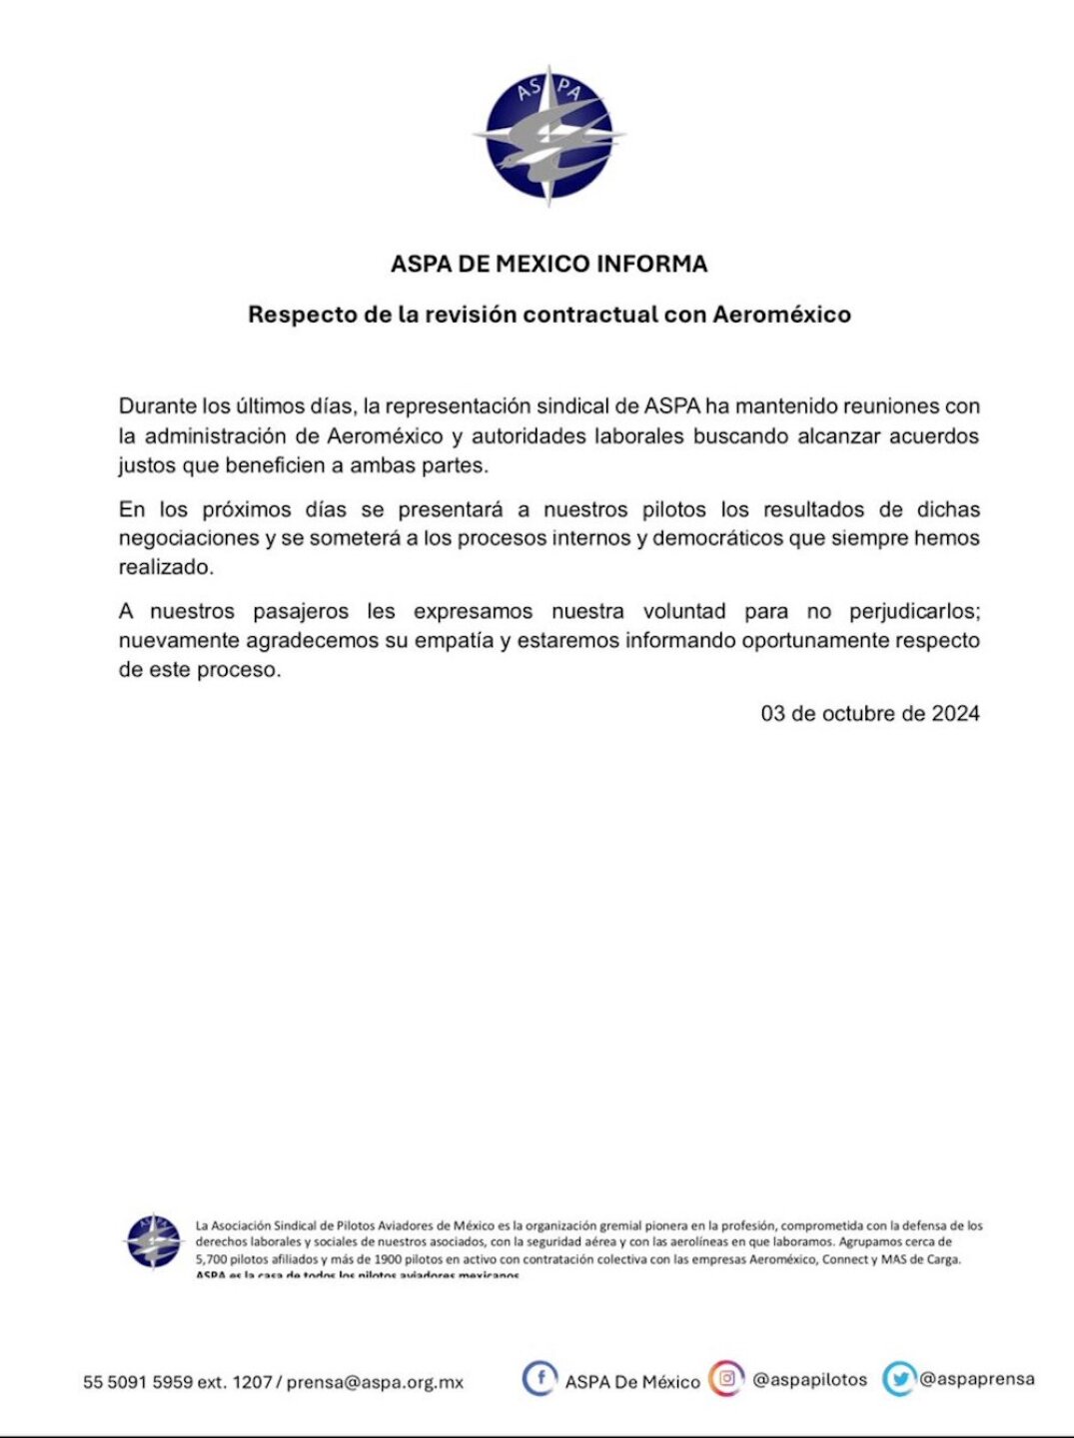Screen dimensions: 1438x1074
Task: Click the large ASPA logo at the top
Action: [548, 135]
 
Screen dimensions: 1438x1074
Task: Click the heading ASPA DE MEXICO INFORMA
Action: [548, 264]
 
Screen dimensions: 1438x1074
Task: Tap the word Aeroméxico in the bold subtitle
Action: [781, 315]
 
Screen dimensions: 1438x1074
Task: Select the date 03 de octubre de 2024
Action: [869, 713]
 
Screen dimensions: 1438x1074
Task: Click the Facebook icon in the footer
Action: [539, 1379]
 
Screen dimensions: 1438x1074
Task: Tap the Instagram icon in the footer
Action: [726, 1379]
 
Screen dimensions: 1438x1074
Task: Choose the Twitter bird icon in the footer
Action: [899, 1379]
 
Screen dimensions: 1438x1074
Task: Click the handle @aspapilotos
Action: [809, 1380]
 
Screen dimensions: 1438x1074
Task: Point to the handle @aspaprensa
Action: [976, 1379]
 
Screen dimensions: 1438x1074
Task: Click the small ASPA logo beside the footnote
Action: [153, 1241]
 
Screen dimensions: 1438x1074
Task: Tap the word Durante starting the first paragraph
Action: [157, 406]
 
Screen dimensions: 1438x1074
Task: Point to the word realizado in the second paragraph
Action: [165, 567]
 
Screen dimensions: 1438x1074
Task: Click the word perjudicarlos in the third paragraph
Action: [914, 611]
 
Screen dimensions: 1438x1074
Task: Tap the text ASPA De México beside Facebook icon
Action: [632, 1382]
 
